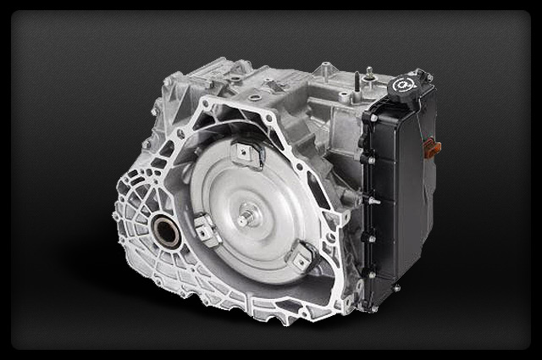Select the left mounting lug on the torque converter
pos(202,226)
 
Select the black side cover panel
pos(398,195)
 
